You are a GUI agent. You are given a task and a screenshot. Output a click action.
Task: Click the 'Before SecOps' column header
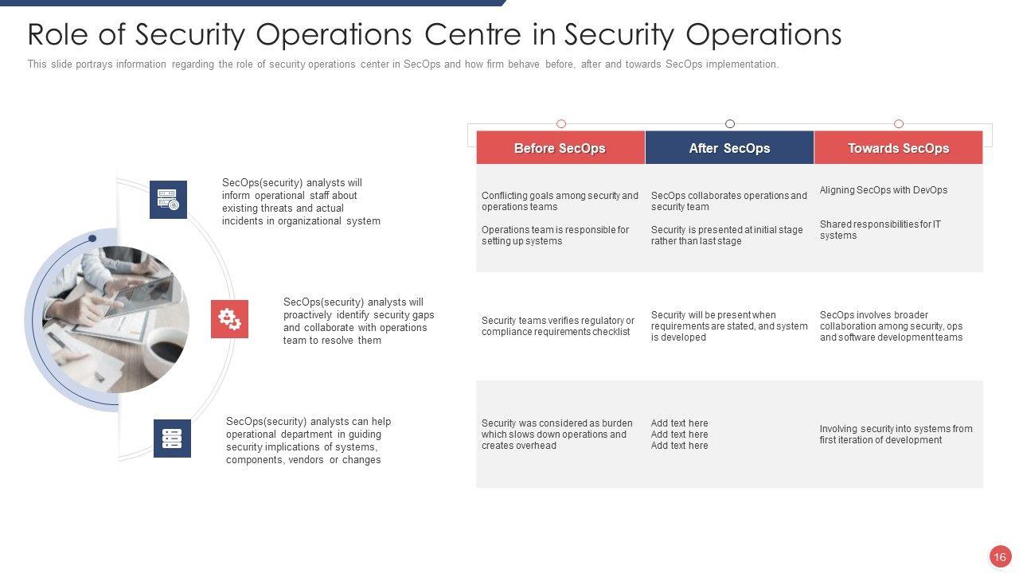click(x=560, y=148)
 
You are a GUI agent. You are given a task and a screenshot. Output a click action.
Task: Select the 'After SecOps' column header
click(x=729, y=148)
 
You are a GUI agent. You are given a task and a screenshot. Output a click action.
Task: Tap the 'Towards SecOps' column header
click(x=898, y=148)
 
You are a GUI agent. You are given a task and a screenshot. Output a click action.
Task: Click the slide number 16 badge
click(x=1000, y=556)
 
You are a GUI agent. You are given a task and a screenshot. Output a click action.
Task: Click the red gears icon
click(x=229, y=319)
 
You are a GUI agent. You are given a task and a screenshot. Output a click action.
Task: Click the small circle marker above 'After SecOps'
click(x=730, y=123)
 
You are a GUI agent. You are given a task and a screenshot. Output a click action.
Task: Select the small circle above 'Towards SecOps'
click(x=899, y=123)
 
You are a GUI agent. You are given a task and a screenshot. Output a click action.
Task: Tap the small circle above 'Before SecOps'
click(x=561, y=123)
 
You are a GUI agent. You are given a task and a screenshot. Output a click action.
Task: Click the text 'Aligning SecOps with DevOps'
click(x=884, y=190)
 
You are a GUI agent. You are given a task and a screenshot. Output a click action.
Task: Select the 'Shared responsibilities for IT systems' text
click(x=880, y=230)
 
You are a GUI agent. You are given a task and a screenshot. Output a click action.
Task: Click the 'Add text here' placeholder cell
click(x=680, y=435)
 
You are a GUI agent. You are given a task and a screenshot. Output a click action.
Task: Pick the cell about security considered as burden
click(x=557, y=435)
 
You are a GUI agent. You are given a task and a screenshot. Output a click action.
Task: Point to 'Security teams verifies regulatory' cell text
click(x=558, y=326)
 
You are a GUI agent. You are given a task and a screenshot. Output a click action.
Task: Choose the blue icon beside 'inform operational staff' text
click(x=168, y=200)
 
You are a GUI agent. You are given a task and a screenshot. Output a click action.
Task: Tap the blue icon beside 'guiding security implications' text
click(x=172, y=439)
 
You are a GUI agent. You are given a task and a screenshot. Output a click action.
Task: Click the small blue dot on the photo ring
click(x=92, y=239)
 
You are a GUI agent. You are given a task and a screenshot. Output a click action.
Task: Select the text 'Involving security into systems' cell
click(x=896, y=435)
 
